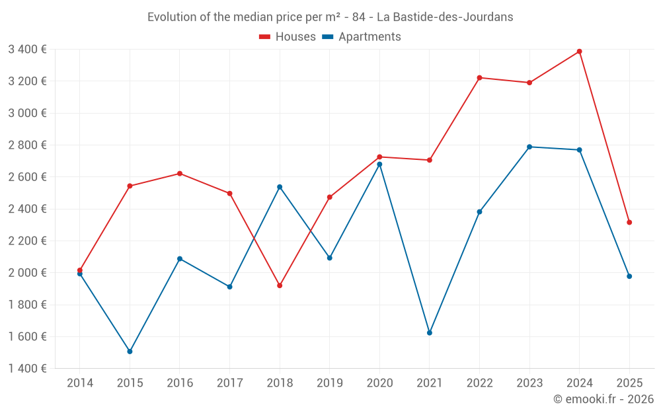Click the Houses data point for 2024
tap(579, 52)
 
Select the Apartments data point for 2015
tap(130, 352)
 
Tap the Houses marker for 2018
tap(280, 285)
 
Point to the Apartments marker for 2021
tap(430, 333)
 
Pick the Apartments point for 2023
tap(529, 147)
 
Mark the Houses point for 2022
tap(479, 78)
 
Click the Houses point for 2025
tap(629, 223)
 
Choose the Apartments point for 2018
tap(280, 187)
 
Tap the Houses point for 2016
tap(180, 174)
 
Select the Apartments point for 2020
tap(379, 165)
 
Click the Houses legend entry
tap(288, 37)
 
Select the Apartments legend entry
tap(362, 37)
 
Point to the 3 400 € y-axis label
tap(27, 49)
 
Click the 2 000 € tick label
tap(27, 273)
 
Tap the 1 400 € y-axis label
tap(27, 369)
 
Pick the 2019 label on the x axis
tap(329, 383)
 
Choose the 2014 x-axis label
tap(80, 383)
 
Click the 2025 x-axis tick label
tap(629, 383)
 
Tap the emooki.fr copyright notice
tap(603, 399)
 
